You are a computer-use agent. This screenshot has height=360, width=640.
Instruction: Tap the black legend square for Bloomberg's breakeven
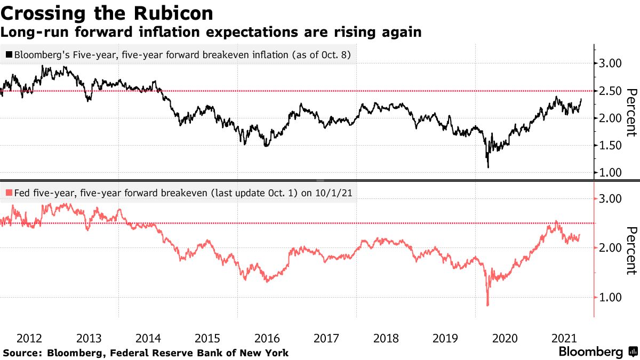click(x=9, y=54)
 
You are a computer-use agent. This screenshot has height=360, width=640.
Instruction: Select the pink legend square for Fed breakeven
click(x=9, y=193)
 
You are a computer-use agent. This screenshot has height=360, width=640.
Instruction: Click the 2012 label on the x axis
click(x=30, y=338)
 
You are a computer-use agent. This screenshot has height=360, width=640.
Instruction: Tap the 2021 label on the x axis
click(x=564, y=338)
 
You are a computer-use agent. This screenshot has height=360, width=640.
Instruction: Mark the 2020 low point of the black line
click(x=488, y=167)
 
